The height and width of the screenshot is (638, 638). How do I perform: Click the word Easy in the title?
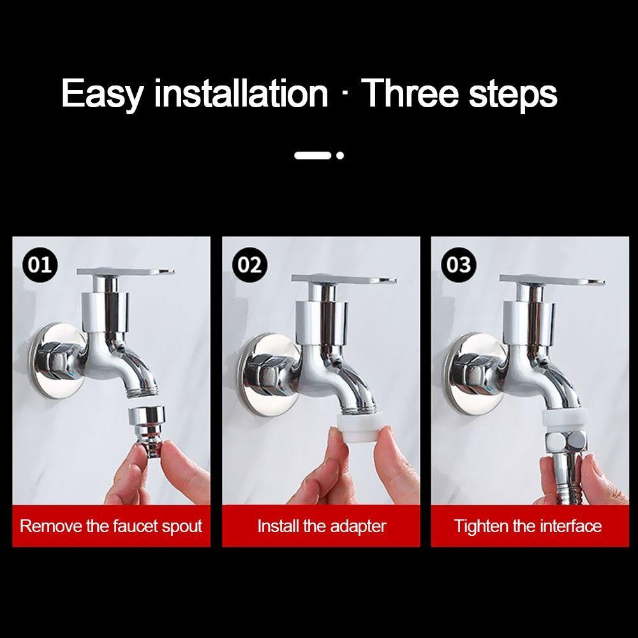click(103, 93)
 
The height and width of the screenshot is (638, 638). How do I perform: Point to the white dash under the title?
click(313, 155)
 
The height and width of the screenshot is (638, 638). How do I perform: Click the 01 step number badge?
click(40, 264)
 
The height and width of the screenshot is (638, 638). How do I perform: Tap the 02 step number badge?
click(249, 264)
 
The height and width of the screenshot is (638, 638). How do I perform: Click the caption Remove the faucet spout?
click(111, 526)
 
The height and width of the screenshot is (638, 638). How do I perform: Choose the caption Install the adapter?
click(322, 526)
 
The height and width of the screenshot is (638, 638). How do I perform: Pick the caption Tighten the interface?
click(528, 526)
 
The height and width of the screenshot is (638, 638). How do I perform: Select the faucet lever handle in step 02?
click(345, 281)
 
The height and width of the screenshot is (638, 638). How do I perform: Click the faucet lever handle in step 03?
click(553, 281)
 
